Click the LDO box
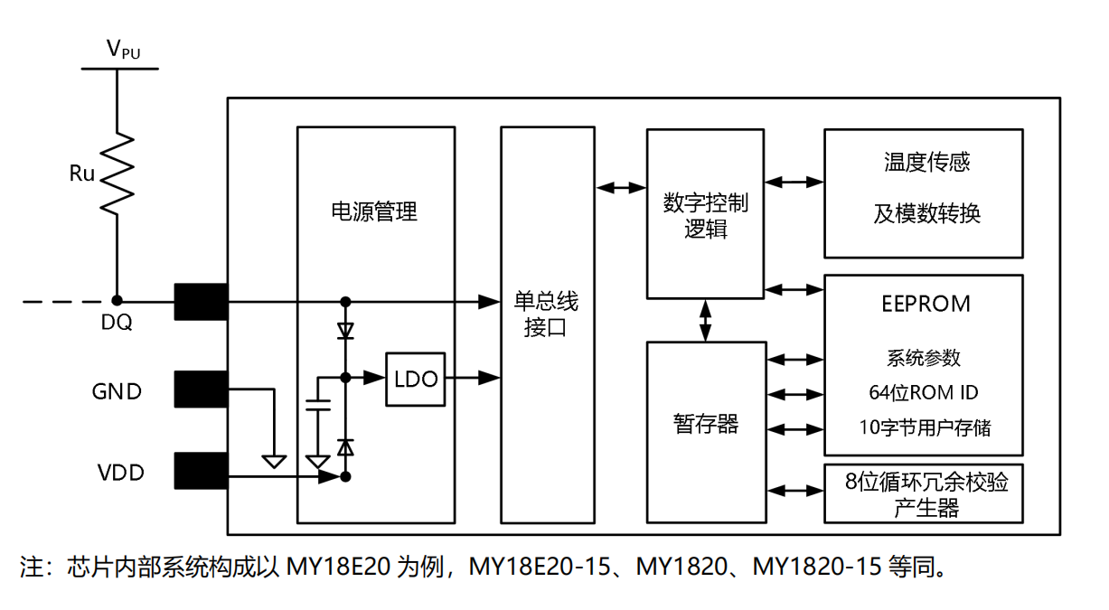[x=416, y=378]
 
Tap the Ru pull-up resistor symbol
[x=117, y=174]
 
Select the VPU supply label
[x=123, y=50]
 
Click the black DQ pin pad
[x=200, y=301]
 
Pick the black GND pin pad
[x=200, y=389]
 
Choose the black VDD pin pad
[x=200, y=470]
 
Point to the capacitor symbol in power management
[x=317, y=404]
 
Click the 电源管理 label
[x=374, y=211]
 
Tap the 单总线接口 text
[x=546, y=314]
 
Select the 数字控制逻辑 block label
[x=705, y=215]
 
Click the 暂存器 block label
[x=706, y=423]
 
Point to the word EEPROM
[x=925, y=304]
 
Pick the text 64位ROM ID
[x=923, y=392]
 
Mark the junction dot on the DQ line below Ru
[x=117, y=301]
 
